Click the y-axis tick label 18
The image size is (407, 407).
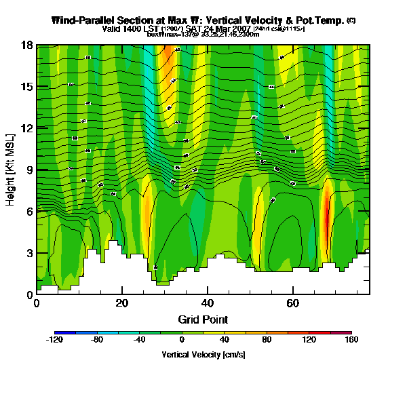point(27,45)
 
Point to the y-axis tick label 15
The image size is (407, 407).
point(27,87)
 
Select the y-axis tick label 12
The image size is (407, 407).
point(27,128)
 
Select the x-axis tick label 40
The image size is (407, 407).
point(208,303)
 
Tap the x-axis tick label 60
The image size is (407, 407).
point(293,303)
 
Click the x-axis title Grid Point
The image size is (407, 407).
point(203,319)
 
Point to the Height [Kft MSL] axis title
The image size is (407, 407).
point(11,170)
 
